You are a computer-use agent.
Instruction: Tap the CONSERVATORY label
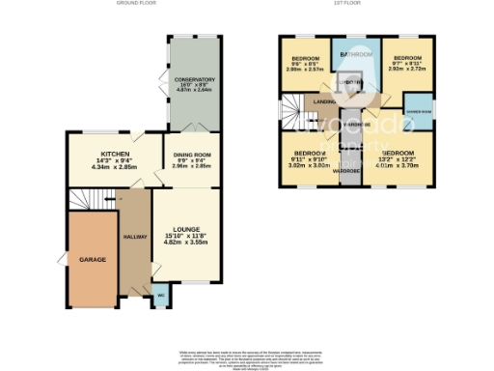pos(194,79)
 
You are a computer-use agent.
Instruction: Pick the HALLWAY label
pos(133,237)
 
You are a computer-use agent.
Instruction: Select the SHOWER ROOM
pos(418,107)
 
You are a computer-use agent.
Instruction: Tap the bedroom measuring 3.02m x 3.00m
pos(310,159)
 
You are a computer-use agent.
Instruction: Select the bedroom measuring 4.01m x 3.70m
pos(398,159)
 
